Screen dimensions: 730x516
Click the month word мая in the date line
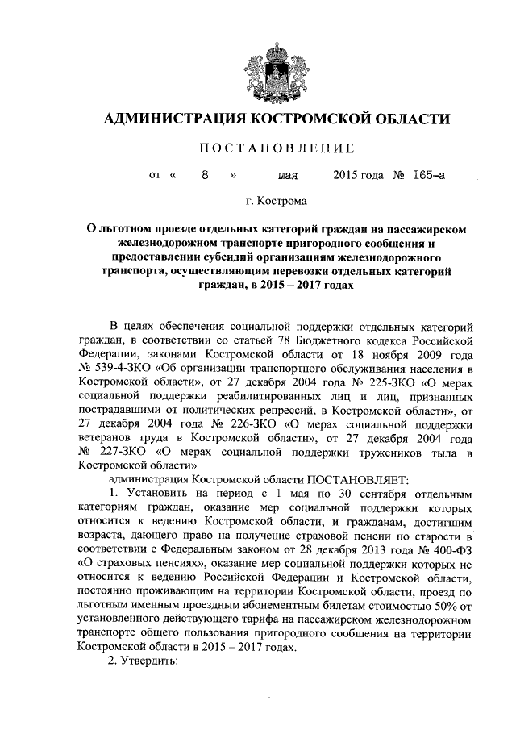coord(289,174)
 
